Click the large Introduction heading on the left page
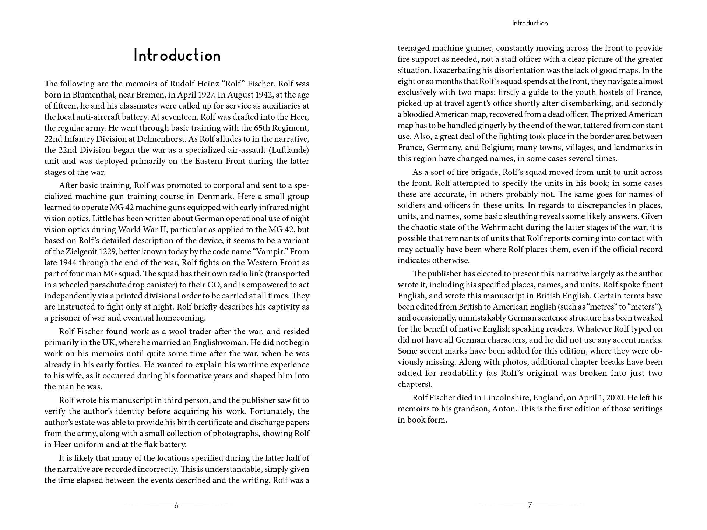click(177, 56)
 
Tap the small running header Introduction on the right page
click(530, 23)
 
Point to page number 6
click(176, 505)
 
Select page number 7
click(530, 505)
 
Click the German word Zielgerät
click(81, 252)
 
